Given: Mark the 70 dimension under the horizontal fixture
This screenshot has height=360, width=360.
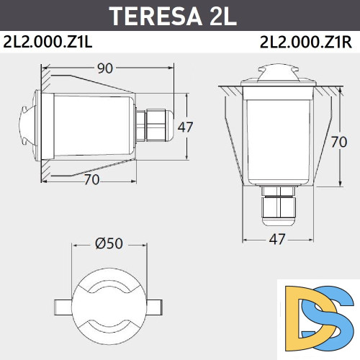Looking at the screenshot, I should pyautogui.click(x=91, y=180).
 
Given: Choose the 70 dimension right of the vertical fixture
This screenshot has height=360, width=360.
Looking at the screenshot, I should pyautogui.click(x=340, y=142).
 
